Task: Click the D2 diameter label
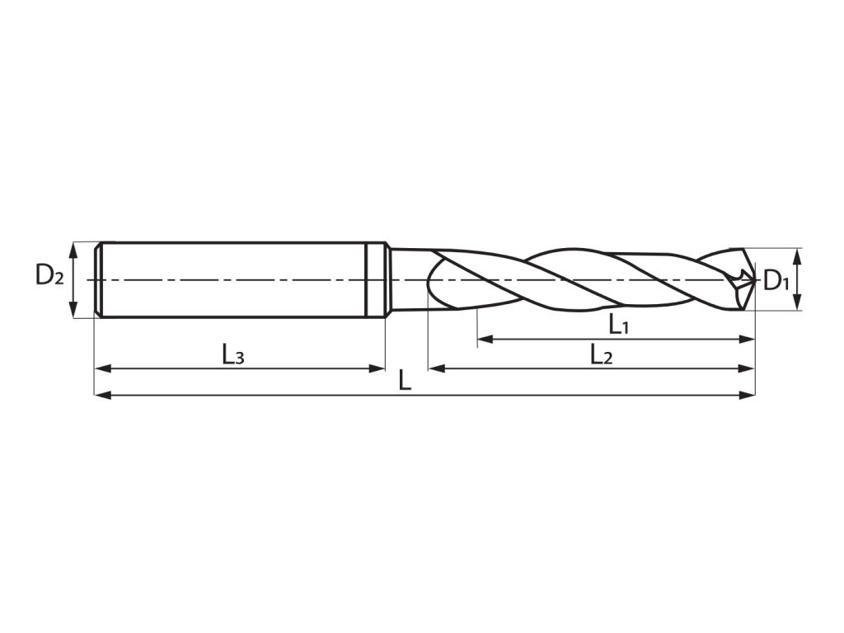[x=49, y=275]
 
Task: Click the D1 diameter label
[x=776, y=280]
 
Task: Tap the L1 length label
[x=618, y=325]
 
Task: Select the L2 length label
[x=601, y=354]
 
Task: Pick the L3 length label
[x=233, y=354]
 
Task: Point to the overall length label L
[x=405, y=381]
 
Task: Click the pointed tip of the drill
[x=756, y=280]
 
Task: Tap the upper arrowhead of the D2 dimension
[x=73, y=250]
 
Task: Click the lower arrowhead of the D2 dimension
[x=73, y=310]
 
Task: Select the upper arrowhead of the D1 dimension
[x=798, y=256]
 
